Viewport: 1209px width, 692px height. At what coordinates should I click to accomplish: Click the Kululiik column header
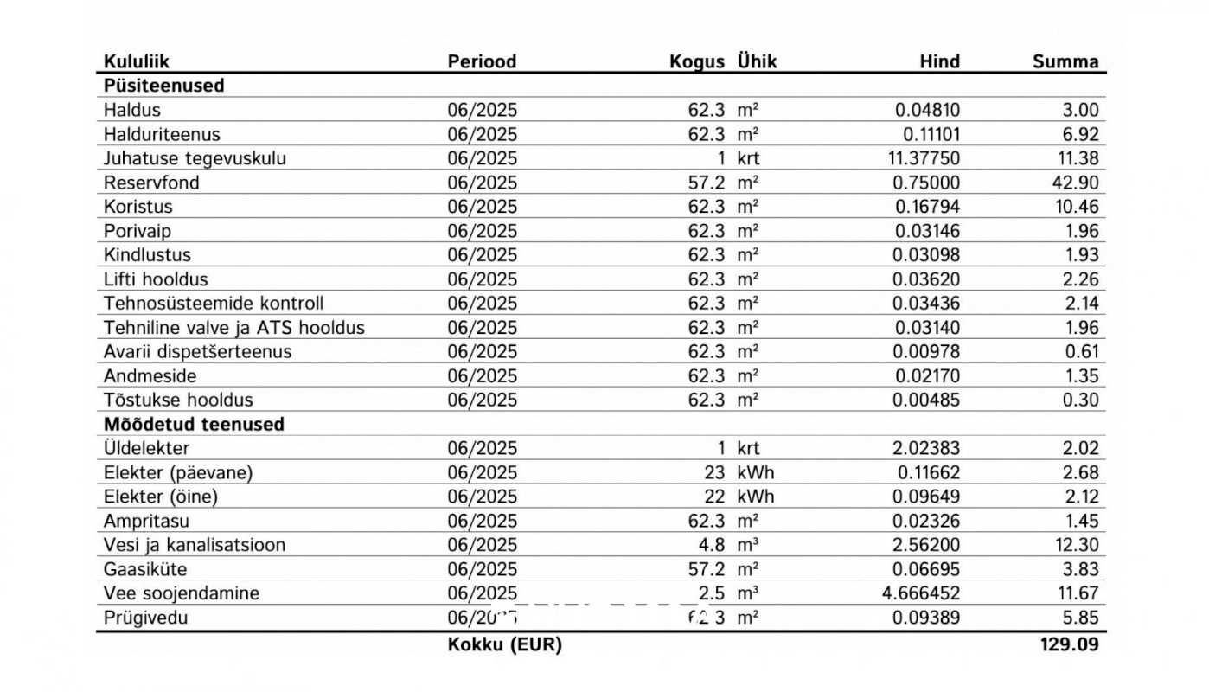pyautogui.click(x=136, y=61)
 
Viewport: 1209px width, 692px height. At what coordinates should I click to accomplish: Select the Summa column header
pyautogui.click(x=1065, y=61)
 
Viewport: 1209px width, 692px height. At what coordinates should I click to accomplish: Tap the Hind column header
pyautogui.click(x=939, y=61)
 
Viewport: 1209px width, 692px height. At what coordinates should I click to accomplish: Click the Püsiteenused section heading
pyautogui.click(x=163, y=86)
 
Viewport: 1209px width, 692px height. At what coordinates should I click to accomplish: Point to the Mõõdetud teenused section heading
pyautogui.click(x=194, y=424)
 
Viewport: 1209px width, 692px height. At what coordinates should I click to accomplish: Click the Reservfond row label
pyautogui.click(x=151, y=183)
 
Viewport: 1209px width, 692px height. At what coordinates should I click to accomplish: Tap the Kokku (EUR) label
pyautogui.click(x=504, y=644)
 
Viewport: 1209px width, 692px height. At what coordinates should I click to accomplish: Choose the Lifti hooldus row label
pyautogui.click(x=156, y=279)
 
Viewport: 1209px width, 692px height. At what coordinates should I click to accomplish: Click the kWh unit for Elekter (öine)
pyautogui.click(x=755, y=497)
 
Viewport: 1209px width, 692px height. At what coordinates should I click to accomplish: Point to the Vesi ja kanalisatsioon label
pyautogui.click(x=195, y=545)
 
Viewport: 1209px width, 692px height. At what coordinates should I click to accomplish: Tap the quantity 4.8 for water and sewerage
pyautogui.click(x=711, y=545)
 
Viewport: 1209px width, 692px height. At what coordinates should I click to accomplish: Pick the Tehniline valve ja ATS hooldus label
pyautogui.click(x=234, y=328)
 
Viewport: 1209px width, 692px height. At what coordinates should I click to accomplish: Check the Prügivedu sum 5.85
pyautogui.click(x=1080, y=618)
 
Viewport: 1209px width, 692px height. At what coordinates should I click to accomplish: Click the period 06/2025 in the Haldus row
pyautogui.click(x=482, y=110)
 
